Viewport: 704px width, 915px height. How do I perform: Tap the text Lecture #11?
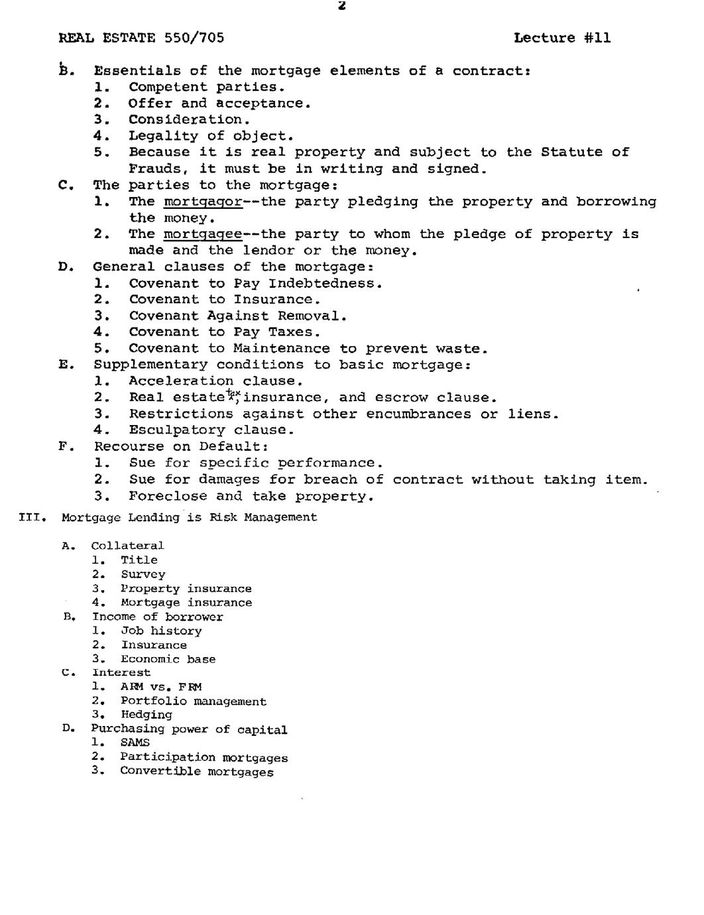coord(562,38)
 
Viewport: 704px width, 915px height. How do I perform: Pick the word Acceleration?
coord(181,381)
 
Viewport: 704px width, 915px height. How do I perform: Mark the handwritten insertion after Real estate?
coord(233,395)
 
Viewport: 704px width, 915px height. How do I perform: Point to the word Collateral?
coord(127,546)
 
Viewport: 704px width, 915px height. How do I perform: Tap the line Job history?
coord(161,631)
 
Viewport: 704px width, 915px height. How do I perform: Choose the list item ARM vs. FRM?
coord(161,687)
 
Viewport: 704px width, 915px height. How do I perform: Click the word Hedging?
coord(146,715)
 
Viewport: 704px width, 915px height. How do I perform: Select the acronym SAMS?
coord(135,743)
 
